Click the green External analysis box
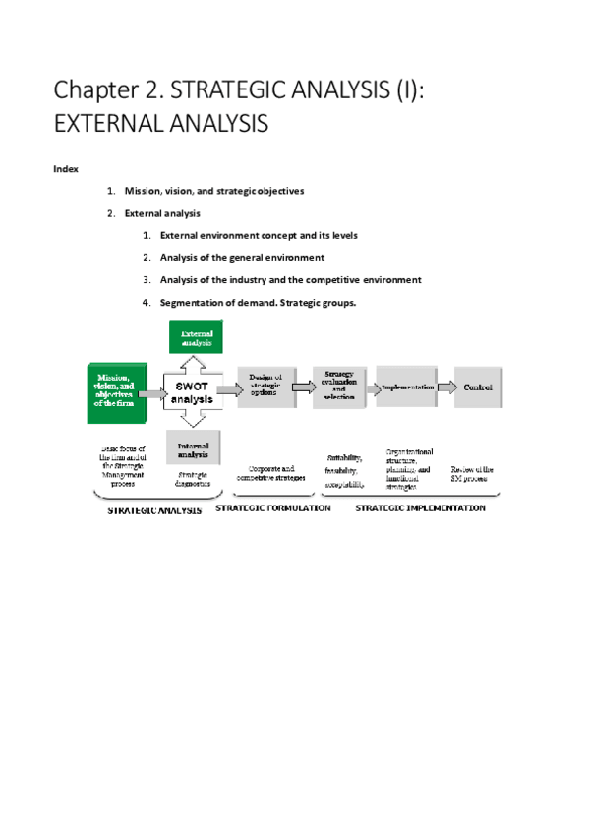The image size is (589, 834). (x=197, y=337)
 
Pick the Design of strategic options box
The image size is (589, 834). (x=265, y=387)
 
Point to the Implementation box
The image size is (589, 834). (x=407, y=387)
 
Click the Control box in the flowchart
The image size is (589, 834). (x=477, y=387)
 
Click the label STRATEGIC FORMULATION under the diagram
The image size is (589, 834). (x=272, y=508)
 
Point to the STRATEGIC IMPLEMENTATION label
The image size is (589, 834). (x=420, y=508)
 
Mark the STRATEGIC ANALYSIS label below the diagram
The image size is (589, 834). (x=154, y=511)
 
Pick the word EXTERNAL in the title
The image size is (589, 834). (x=111, y=126)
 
